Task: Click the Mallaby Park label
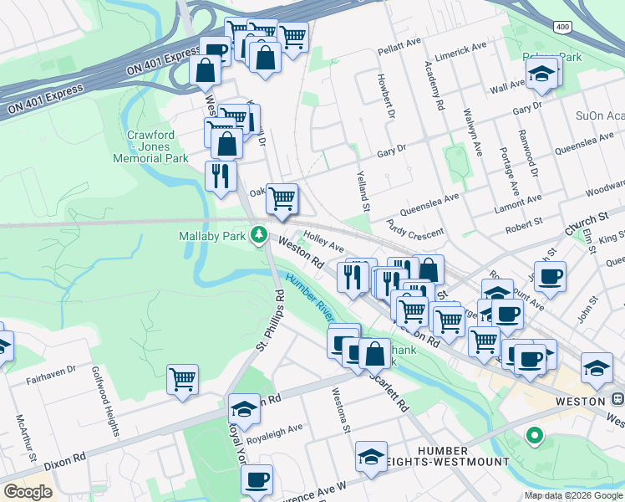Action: coord(212,236)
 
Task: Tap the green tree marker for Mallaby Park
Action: coord(261,234)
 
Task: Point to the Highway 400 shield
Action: coord(562,27)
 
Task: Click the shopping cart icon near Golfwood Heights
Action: coord(182,379)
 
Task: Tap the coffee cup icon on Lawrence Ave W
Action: coord(257,479)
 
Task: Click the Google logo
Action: coord(28,491)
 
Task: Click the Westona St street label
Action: coord(339,410)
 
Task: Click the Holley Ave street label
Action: coord(323,243)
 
